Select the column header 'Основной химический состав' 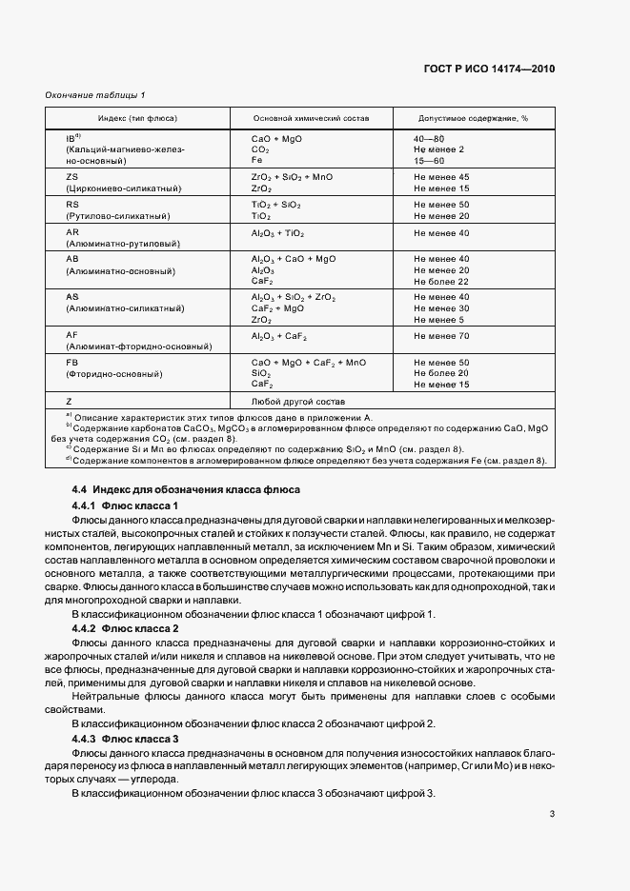[x=310, y=118]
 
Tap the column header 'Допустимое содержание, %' [x=473, y=118]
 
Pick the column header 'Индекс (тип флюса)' [x=136, y=118]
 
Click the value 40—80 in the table [x=428, y=139]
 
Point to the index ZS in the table [x=71, y=177]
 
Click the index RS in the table [x=72, y=205]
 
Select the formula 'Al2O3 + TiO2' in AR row [x=277, y=232]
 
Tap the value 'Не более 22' [x=441, y=282]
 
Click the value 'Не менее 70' [x=441, y=336]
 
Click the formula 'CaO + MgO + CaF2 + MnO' [x=308, y=363]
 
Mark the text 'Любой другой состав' [x=292, y=401]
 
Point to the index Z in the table [x=69, y=401]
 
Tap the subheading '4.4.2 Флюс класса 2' [x=126, y=629]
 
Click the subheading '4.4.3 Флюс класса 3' [x=126, y=739]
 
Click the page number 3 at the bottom [x=552, y=814]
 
